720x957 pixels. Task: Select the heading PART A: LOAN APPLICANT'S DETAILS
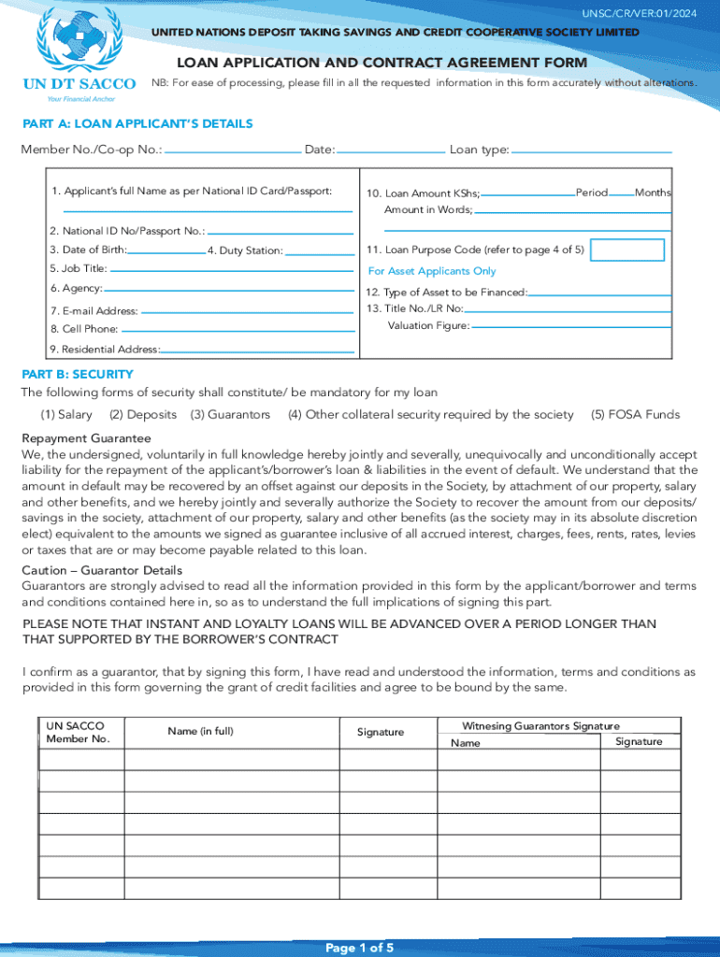(137, 123)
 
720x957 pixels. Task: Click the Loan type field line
(592, 150)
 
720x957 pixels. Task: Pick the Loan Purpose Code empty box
(628, 250)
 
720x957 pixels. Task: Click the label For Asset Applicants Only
(432, 271)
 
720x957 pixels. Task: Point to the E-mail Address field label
(94, 311)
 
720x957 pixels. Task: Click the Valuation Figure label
(428, 326)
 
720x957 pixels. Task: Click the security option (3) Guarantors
(230, 414)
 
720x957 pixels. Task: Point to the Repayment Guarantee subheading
(86, 438)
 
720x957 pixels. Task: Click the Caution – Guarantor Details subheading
(102, 570)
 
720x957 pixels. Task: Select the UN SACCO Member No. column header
(78, 732)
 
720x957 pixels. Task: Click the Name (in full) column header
(200, 731)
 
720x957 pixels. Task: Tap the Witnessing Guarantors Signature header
(540, 726)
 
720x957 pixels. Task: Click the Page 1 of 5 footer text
(359, 948)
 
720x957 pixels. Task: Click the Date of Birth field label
(89, 250)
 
